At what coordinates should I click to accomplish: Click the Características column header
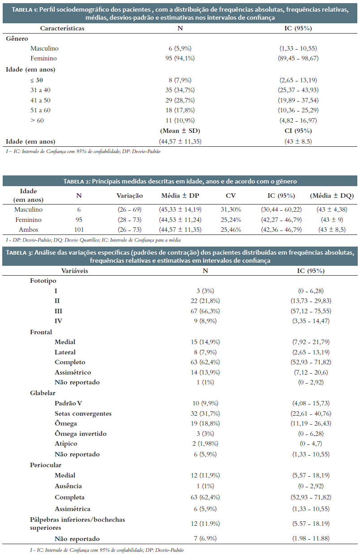[62, 29]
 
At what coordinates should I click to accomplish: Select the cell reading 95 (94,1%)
[180, 58]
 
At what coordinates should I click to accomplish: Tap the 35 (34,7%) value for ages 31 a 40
[180, 90]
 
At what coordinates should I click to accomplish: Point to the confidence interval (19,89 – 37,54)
[298, 100]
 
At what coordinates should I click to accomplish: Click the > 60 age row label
[37, 120]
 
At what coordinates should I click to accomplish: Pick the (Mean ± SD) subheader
[180, 131]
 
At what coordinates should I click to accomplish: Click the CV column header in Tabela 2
[231, 196]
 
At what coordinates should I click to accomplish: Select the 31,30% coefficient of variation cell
[231, 210]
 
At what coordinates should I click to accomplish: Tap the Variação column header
[130, 196]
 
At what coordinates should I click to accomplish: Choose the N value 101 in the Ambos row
[79, 230]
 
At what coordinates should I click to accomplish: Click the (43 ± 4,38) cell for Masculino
[332, 210]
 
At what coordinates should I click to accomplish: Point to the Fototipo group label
[43, 281]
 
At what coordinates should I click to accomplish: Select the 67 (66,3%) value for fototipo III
[205, 311]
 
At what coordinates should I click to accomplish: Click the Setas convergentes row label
[83, 413]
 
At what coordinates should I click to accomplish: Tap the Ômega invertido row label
[81, 434]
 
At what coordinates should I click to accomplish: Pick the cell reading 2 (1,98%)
[205, 444]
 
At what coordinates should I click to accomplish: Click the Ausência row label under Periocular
[69, 486]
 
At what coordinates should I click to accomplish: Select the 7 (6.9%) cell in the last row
[205, 538]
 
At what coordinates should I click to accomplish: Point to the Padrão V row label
[69, 403]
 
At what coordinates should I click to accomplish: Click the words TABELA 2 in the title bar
[77, 182]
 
